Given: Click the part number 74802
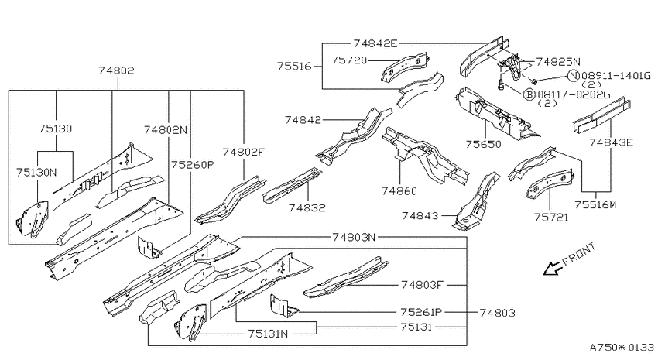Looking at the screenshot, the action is pyautogui.click(x=117, y=70).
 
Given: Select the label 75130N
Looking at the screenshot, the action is pyautogui.click(x=36, y=172).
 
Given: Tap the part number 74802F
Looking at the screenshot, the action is pyautogui.click(x=244, y=152).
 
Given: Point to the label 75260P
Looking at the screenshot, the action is pyautogui.click(x=192, y=164).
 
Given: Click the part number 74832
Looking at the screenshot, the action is pyautogui.click(x=307, y=207).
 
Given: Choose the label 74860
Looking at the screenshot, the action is pyautogui.click(x=399, y=191).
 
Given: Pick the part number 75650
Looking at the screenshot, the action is pyautogui.click(x=483, y=144).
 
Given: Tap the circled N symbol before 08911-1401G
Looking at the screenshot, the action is pyautogui.click(x=573, y=76).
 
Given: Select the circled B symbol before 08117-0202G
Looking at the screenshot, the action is pyautogui.click(x=529, y=94).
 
